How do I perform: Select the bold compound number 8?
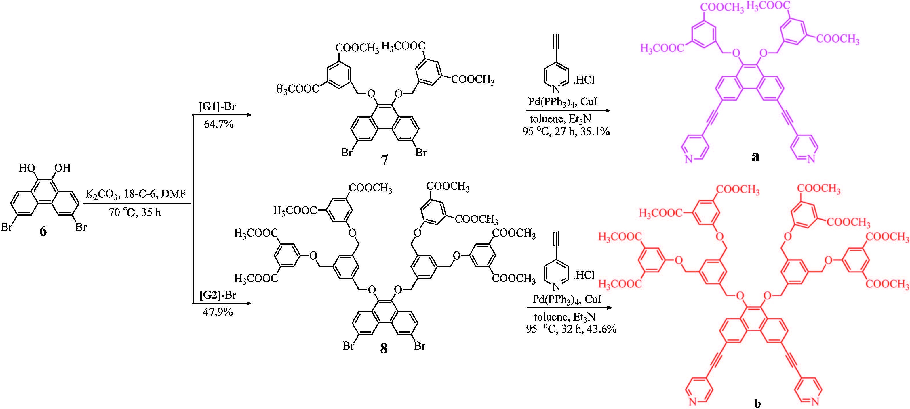pyautogui.click(x=384, y=348)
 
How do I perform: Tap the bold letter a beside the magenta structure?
pyautogui.click(x=755, y=156)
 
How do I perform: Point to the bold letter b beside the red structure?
pyautogui.click(x=757, y=403)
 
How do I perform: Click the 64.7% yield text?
pyautogui.click(x=218, y=124)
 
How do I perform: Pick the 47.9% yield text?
pyautogui.click(x=218, y=312)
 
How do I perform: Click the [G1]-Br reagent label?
pyautogui.click(x=217, y=107)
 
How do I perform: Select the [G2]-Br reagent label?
pyautogui.click(x=218, y=295)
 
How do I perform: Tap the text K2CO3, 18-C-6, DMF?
pyautogui.click(x=135, y=194)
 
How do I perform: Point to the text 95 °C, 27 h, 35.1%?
pyautogui.click(x=566, y=132)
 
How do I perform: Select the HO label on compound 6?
pyautogui.click(x=27, y=168)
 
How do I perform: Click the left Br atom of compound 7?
pyautogui.click(x=347, y=152)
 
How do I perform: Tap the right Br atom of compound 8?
pyautogui.click(x=420, y=346)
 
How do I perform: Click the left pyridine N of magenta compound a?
pyautogui.click(x=688, y=160)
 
